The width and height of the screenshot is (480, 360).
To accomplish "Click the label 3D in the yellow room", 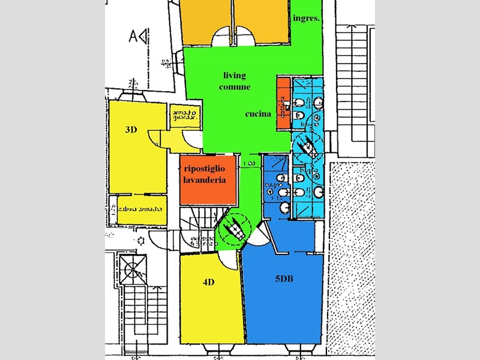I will coord(131,130).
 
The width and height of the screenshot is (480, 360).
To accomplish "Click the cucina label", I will coord(258,114).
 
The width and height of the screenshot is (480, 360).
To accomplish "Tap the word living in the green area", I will coord(235,76).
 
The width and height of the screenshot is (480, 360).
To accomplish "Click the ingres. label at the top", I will coord(306,19).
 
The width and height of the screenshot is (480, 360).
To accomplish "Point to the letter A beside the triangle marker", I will coord(133,37).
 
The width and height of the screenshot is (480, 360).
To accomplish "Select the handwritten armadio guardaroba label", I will coord(183,115).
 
